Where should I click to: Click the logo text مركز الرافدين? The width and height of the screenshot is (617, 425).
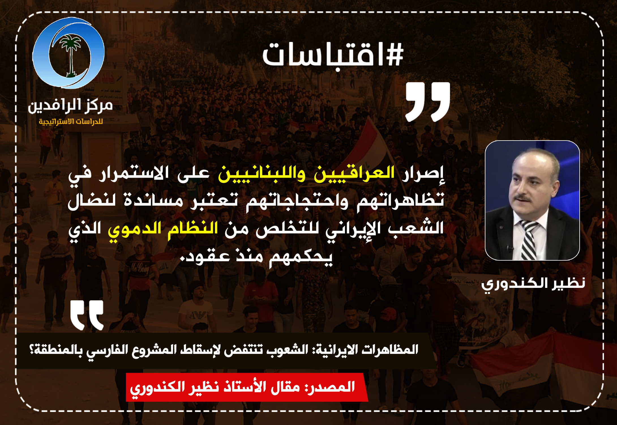(x=70, y=105)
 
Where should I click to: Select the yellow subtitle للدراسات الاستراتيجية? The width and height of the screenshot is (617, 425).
(x=71, y=122)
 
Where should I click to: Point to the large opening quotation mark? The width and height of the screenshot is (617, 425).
(x=428, y=102)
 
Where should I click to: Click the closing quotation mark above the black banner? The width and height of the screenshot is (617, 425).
(x=87, y=315)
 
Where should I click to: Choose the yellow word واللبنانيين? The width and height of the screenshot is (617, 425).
(x=262, y=173)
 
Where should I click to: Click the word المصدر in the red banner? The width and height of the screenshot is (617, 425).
(x=331, y=387)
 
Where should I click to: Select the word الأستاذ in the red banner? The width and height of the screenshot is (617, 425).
(x=245, y=387)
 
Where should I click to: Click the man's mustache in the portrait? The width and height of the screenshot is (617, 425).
(x=522, y=197)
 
